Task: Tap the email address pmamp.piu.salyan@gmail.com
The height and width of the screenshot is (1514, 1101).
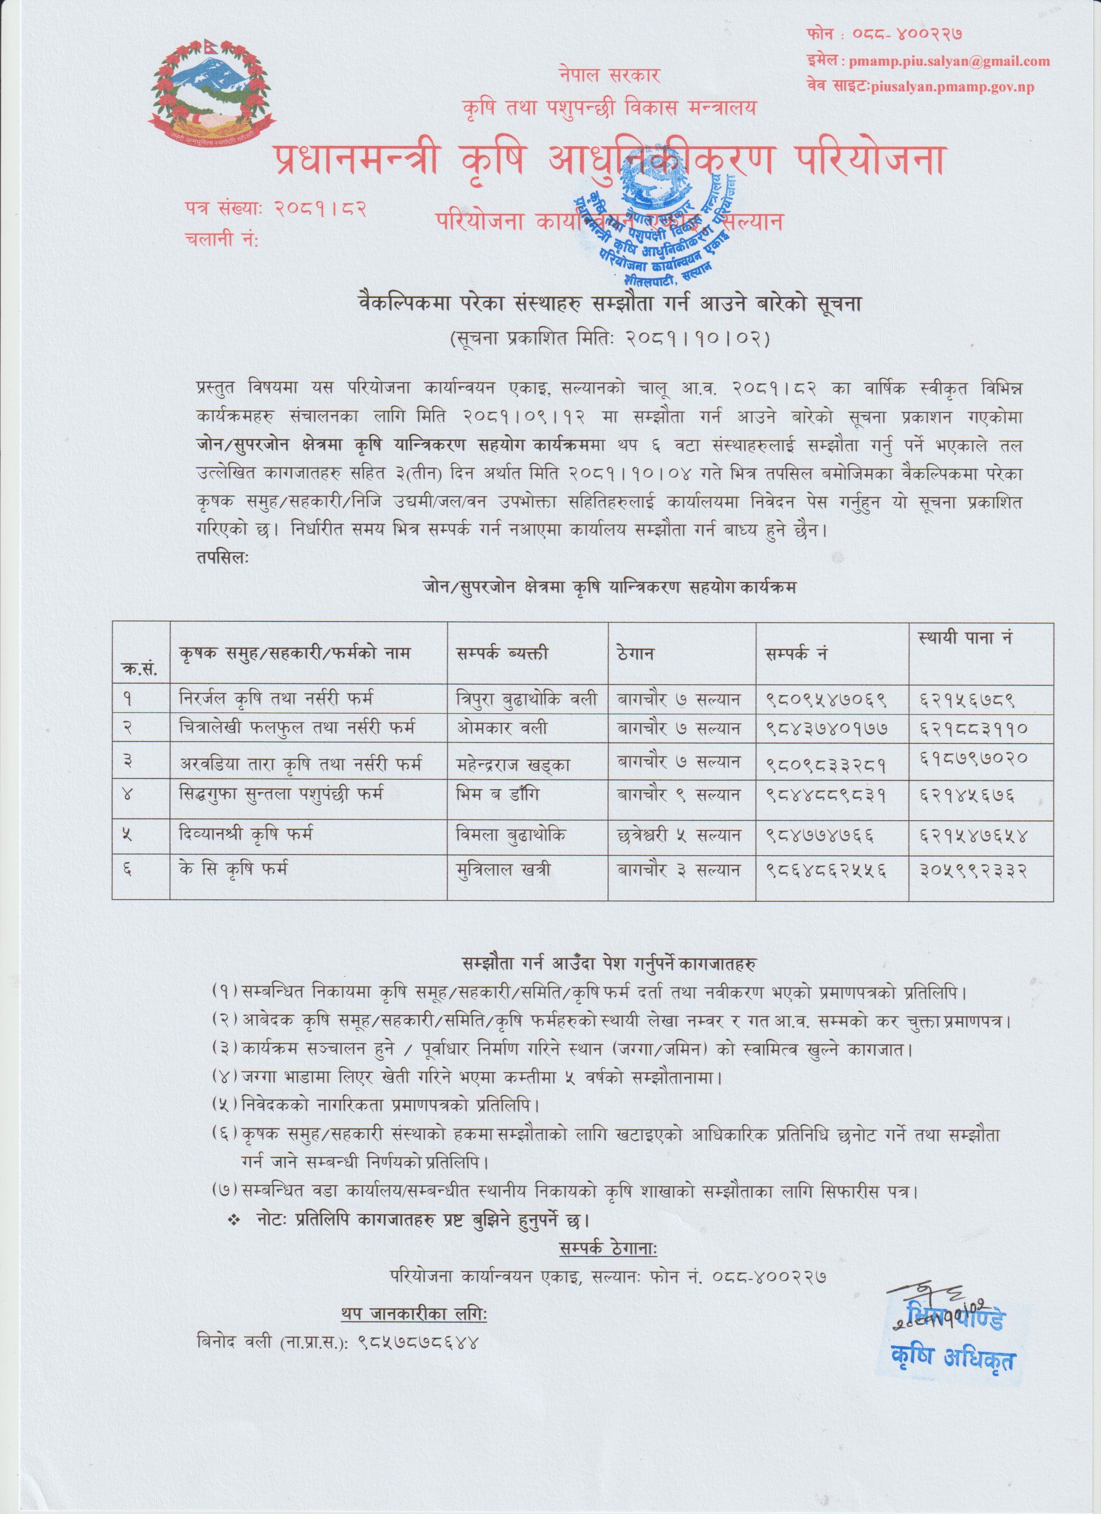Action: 948,61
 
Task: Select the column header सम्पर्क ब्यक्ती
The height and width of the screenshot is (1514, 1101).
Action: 502,652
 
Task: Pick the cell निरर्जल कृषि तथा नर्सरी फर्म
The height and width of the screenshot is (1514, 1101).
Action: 276,699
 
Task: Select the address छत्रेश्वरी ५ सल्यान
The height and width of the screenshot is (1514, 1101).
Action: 678,835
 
